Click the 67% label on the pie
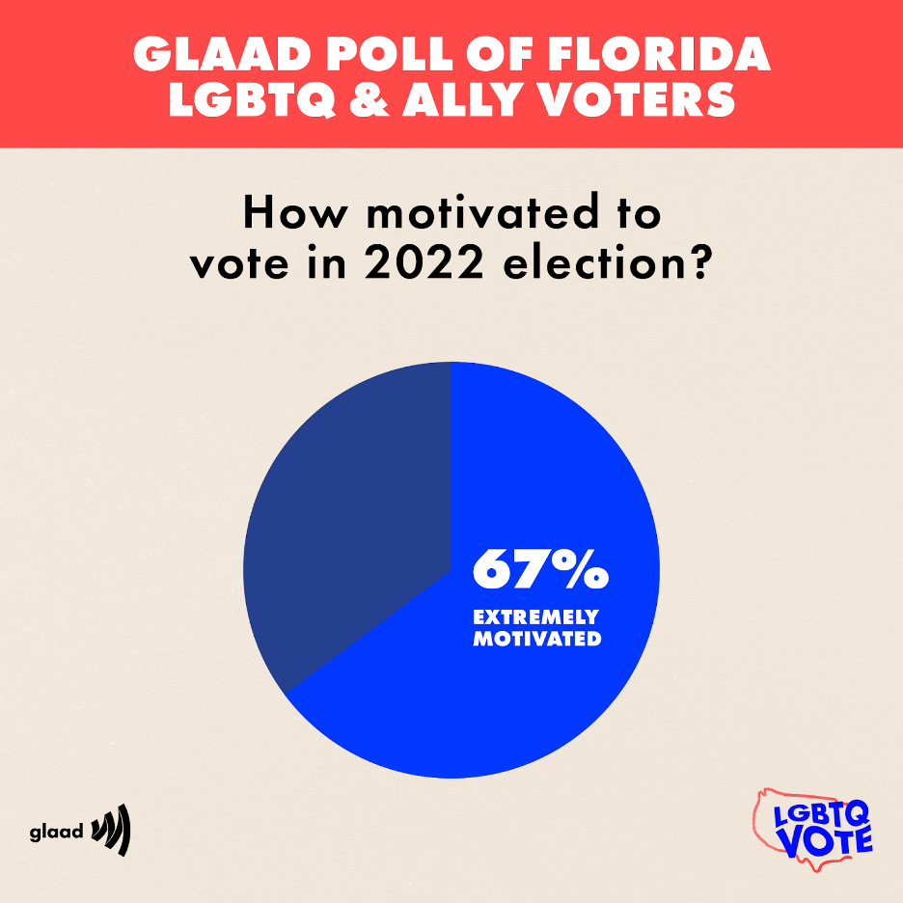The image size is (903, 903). pyautogui.click(x=540, y=570)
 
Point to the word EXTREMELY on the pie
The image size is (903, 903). pyautogui.click(x=535, y=617)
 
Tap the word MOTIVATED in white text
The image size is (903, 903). pyautogui.click(x=536, y=638)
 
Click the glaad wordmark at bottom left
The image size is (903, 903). pyautogui.click(x=56, y=832)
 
